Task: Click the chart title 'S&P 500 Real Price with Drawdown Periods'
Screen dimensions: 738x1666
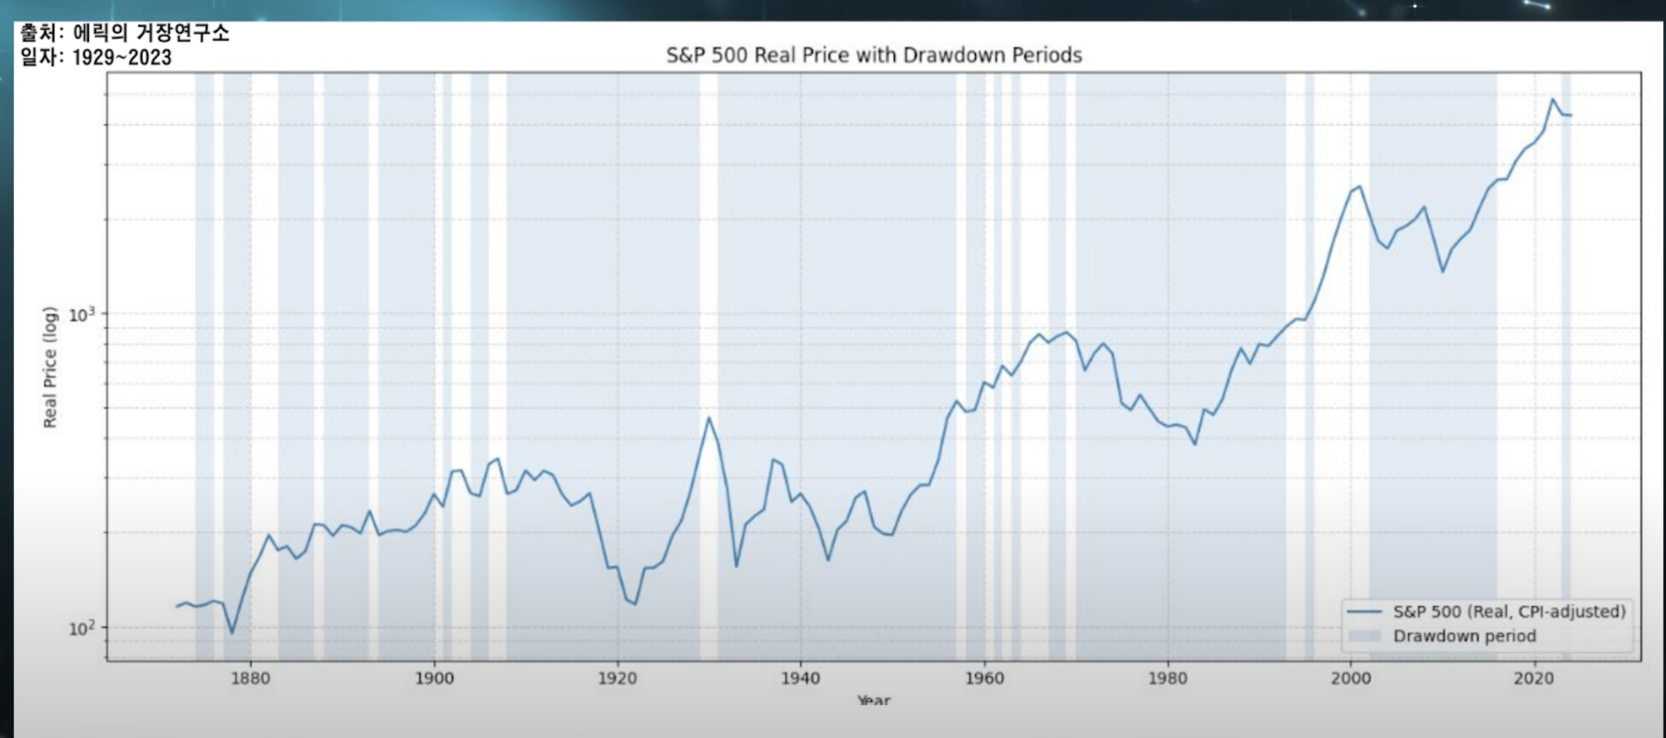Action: [x=874, y=55]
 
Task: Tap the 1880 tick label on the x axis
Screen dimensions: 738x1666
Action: [x=250, y=678]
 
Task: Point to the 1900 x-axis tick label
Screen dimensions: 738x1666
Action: [x=434, y=678]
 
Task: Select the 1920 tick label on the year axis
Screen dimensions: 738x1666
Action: [x=617, y=678]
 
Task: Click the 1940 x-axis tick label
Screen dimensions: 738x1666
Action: [x=801, y=678]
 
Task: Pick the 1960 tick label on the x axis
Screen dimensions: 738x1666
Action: [x=984, y=678]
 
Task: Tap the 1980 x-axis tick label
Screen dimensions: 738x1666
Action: [x=1168, y=678]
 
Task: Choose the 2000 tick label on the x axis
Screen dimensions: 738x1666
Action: [x=1351, y=678]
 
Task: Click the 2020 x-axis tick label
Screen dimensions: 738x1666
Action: [x=1534, y=678]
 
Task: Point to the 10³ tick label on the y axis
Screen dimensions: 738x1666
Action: [x=81, y=314]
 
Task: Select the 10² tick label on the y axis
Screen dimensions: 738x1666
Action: [x=81, y=628]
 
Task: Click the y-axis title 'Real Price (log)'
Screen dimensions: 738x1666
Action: [x=49, y=367]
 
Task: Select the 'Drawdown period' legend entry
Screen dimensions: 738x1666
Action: [x=1464, y=636]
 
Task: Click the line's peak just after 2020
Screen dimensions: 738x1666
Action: [x=1553, y=99]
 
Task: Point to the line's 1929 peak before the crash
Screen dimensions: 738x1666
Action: [x=709, y=418]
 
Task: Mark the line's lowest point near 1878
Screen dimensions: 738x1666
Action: [x=233, y=633]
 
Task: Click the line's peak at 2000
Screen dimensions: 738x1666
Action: [x=1360, y=186]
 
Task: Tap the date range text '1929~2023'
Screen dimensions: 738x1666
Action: [x=122, y=57]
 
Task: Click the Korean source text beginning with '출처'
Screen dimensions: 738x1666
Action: [x=124, y=32]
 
